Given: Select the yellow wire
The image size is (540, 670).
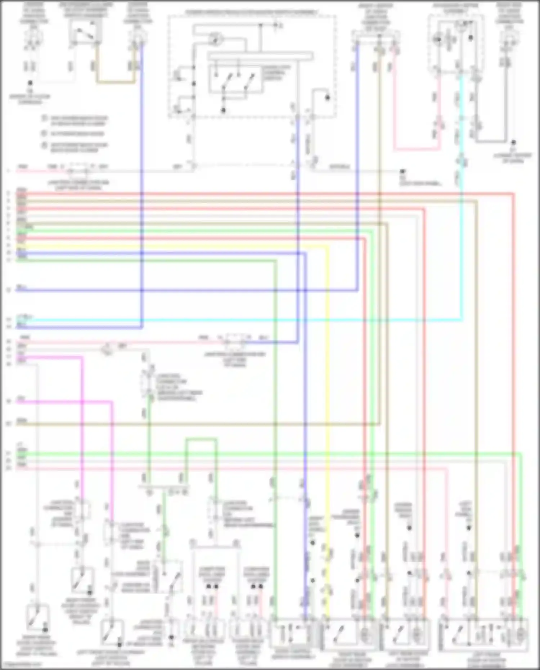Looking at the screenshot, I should pyautogui.click(x=327, y=396).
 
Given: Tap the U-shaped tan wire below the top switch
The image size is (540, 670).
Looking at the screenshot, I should pyautogui.click(x=115, y=82).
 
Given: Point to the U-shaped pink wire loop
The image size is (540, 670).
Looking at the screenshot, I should pyautogui.click(x=416, y=148).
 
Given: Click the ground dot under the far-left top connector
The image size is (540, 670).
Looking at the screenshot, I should pyautogui.click(x=30, y=83).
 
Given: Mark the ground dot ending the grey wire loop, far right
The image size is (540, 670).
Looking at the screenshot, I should pyautogui.click(x=514, y=143).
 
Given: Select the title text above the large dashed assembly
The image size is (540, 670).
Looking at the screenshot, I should pyautogui.click(x=252, y=12).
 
